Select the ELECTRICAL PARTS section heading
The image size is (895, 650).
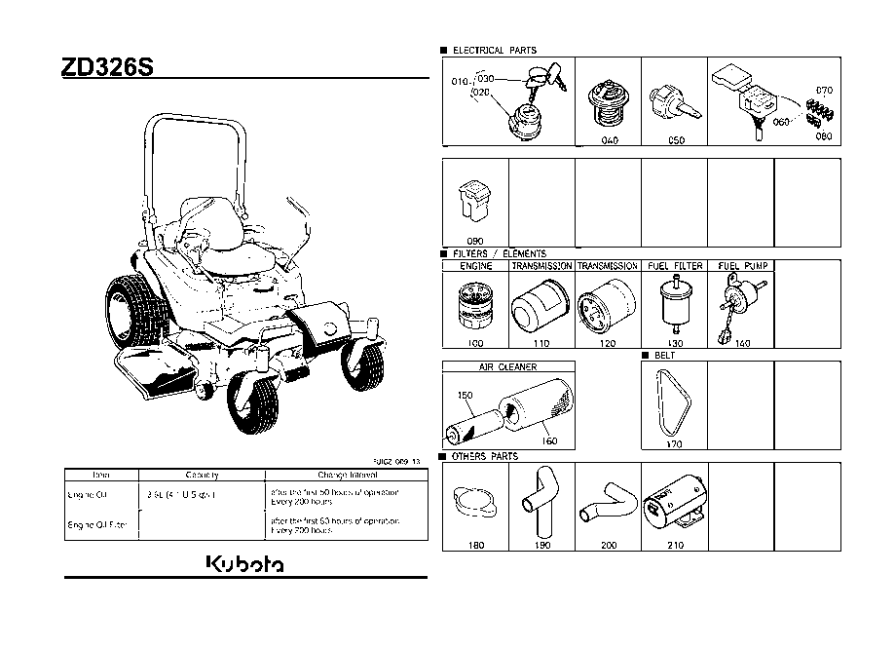[494, 50]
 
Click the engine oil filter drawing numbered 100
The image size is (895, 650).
[475, 305]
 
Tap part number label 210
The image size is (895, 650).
[675, 546]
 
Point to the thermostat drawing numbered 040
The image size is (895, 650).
[608, 107]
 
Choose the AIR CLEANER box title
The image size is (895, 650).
[507, 367]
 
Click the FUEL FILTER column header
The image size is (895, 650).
[674, 266]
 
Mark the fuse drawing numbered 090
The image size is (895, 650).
[475, 203]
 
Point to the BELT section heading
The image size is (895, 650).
[666, 356]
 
